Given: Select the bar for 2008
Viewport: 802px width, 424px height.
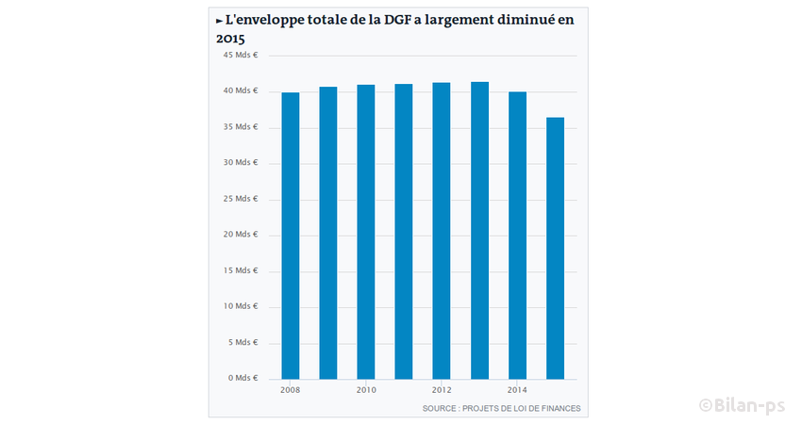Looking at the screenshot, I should click(291, 236).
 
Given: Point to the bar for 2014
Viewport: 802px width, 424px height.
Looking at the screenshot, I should click(517, 236).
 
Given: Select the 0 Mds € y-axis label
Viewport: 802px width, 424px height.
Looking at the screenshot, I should click(242, 379).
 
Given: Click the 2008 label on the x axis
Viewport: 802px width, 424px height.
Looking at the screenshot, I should click(291, 390).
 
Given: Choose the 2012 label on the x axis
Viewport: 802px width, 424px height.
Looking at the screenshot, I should click(442, 390).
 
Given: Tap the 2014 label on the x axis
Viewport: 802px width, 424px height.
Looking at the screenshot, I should click(517, 390).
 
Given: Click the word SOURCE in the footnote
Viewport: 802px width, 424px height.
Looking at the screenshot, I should click(441, 409).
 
